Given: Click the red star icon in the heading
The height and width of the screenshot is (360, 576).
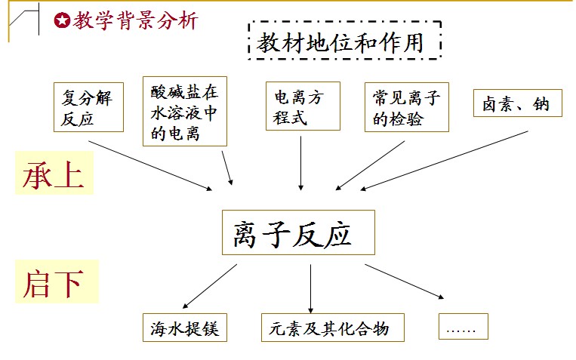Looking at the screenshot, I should click(x=62, y=20).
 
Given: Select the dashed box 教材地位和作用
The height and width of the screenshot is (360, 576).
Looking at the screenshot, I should click(x=343, y=43).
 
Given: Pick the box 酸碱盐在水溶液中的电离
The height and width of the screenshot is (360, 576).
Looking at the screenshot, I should click(x=184, y=111).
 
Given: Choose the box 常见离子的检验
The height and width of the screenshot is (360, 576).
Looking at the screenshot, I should click(x=406, y=107).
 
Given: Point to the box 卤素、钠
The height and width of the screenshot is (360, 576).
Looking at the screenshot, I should click(x=516, y=104).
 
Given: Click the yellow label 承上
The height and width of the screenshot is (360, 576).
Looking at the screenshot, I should click(x=53, y=175).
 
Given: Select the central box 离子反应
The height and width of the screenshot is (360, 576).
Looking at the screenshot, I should click(x=298, y=232).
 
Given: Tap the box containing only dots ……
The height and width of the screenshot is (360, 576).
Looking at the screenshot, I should click(x=463, y=327).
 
